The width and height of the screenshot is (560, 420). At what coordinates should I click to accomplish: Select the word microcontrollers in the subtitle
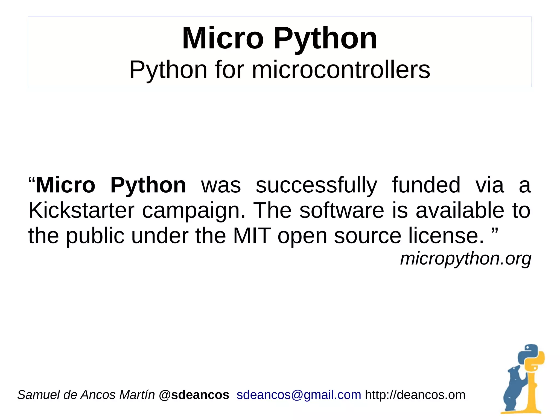(x=341, y=70)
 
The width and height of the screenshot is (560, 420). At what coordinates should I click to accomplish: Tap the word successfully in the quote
(x=316, y=186)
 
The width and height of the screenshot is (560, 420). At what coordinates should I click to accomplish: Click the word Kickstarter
(x=81, y=210)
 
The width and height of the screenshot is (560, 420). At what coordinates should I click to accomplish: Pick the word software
(x=342, y=210)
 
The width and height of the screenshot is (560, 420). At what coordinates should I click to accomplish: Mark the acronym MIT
(x=252, y=236)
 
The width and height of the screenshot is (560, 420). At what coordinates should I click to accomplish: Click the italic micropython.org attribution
(x=466, y=259)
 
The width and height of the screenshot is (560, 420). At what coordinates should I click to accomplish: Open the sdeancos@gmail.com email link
(x=299, y=395)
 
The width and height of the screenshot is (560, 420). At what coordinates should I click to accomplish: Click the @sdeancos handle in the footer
(x=194, y=395)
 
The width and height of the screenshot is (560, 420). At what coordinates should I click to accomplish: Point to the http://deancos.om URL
(x=415, y=395)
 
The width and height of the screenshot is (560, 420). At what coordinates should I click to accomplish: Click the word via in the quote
(x=489, y=185)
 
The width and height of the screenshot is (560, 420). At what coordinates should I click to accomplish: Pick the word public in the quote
(x=95, y=236)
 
